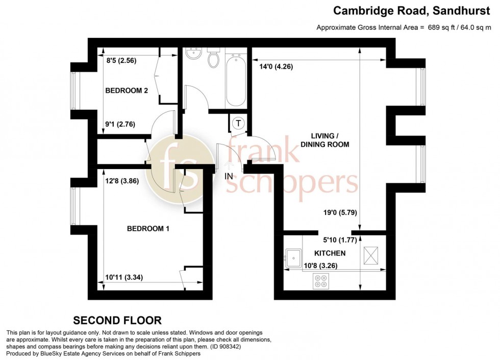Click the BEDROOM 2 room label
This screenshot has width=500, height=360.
click(127, 91)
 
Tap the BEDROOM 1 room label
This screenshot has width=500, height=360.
click(148, 229)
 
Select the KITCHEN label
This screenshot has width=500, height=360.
click(330, 253)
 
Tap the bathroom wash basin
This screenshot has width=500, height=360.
click(193, 53)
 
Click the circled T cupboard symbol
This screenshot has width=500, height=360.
click(238, 123)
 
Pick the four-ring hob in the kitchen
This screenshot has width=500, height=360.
click(320, 281)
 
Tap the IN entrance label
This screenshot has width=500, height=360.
click(229, 176)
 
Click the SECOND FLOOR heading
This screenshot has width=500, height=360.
click(117, 321)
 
